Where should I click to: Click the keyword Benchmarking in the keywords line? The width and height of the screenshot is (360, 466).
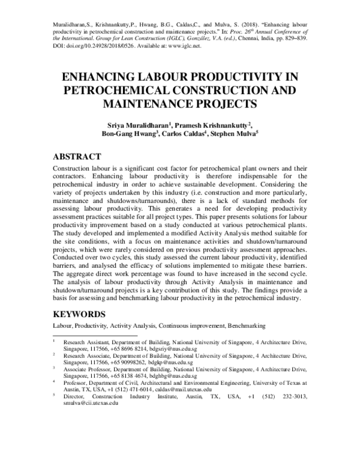pyautogui.click(x=245, y=325)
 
